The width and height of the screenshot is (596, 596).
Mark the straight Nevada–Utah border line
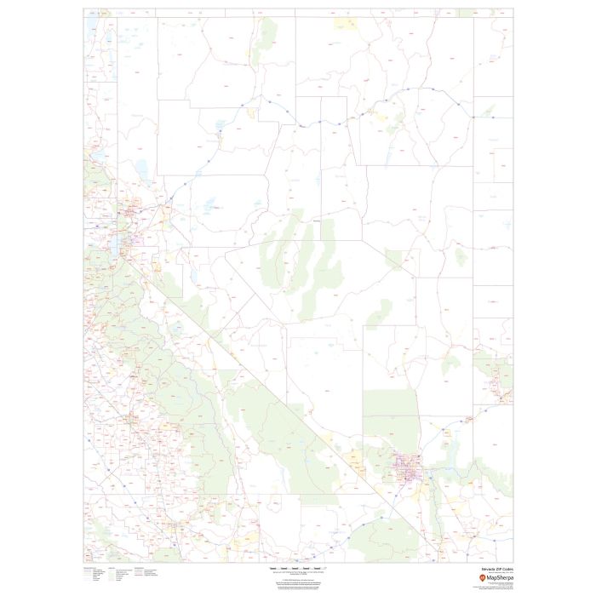click(473, 255)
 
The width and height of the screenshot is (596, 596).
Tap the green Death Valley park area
click(281, 426)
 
